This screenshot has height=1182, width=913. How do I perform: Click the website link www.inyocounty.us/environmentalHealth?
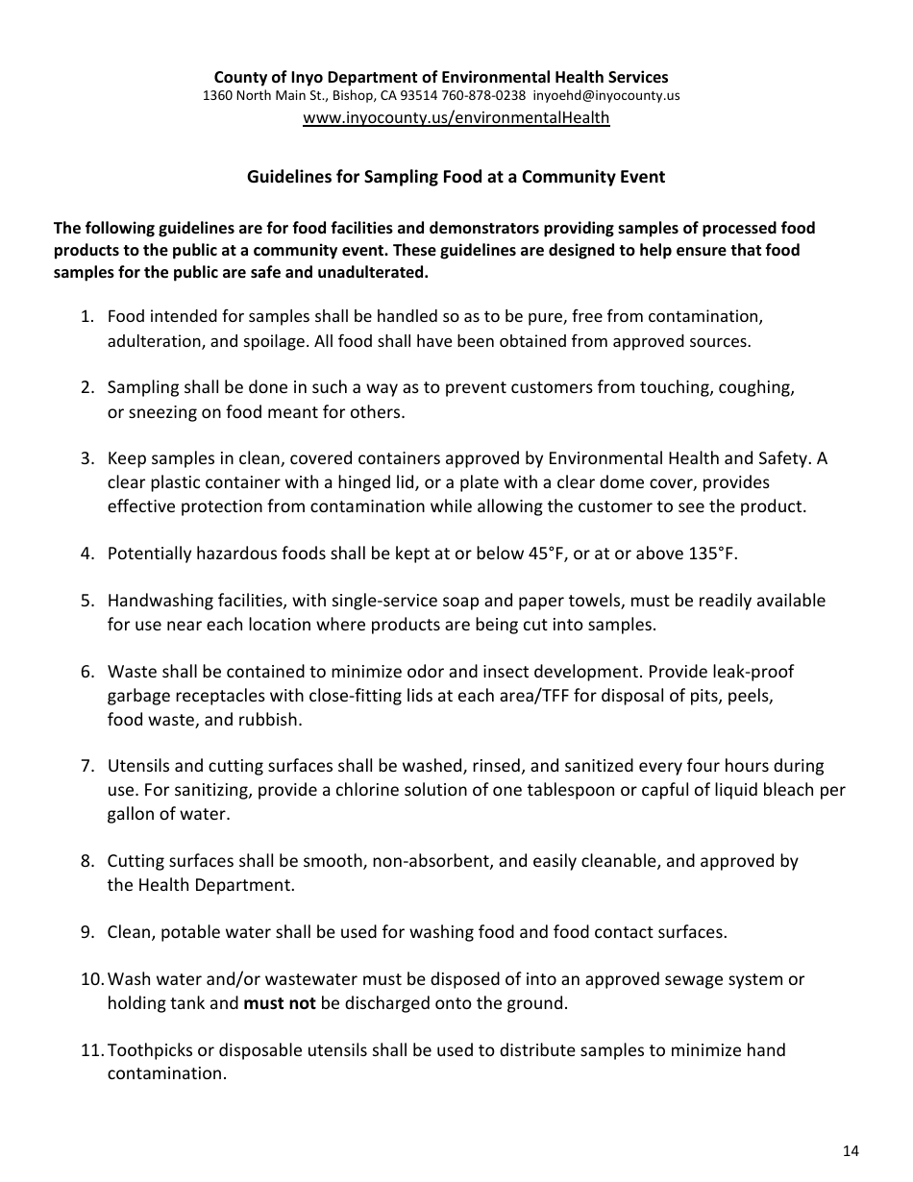[456, 118]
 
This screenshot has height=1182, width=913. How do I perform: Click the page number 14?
[851, 1151]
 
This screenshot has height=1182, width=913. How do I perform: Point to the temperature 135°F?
[712, 554]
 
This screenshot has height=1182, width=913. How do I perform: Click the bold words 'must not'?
[280, 1003]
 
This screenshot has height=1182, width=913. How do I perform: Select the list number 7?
[86, 766]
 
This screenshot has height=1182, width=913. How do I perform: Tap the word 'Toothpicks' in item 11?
[149, 1050]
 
